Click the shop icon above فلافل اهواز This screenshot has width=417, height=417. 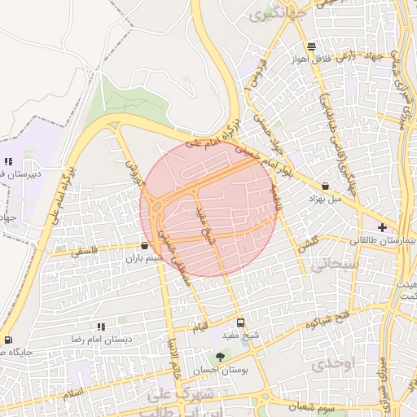311,46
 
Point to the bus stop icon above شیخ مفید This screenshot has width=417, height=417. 239,323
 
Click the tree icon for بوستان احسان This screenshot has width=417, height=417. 219,357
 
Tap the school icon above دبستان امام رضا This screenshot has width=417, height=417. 101,327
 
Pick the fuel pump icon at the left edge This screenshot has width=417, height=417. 7,340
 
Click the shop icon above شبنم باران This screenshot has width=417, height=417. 144,245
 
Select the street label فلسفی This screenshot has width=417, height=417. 76,252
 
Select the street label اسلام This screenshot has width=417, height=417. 74,393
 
